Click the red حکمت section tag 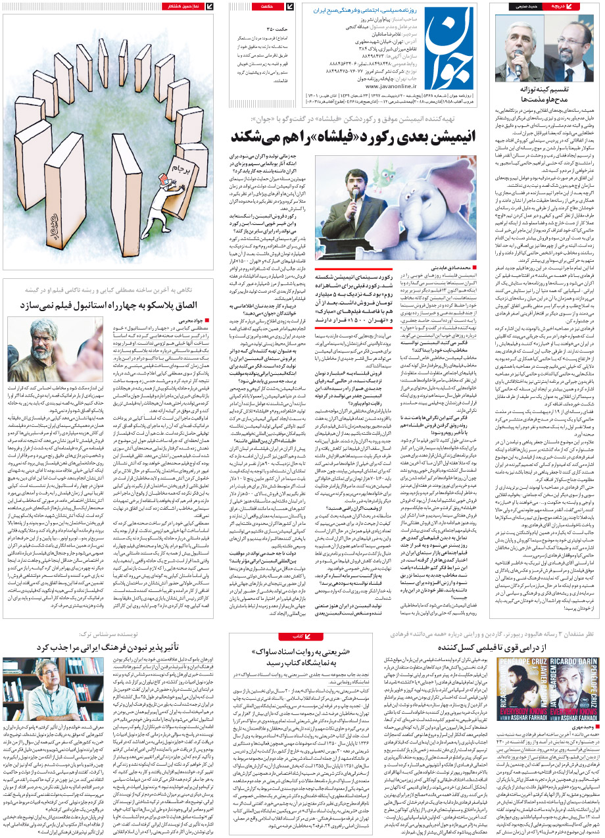pos(268,7)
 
